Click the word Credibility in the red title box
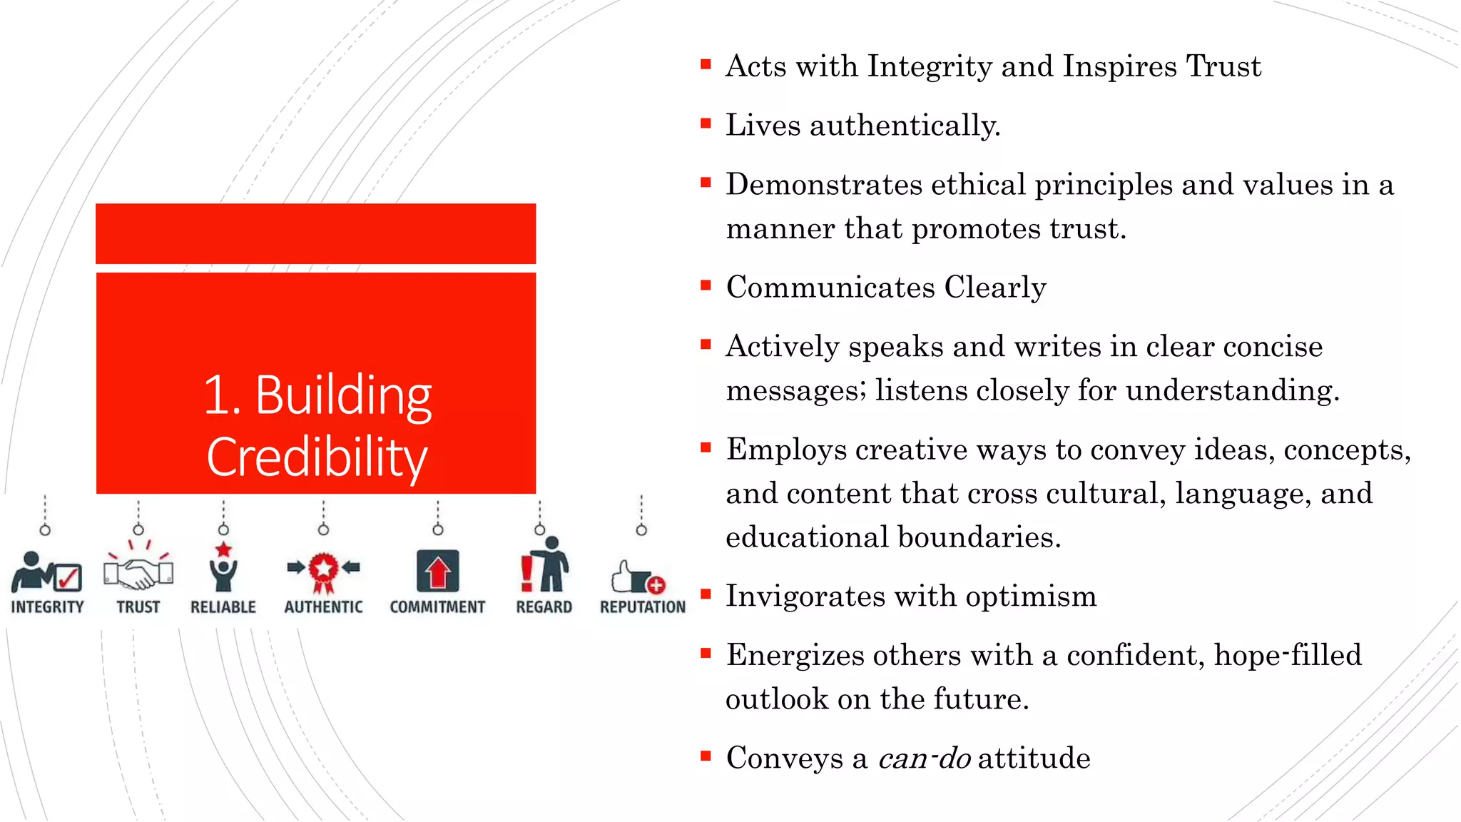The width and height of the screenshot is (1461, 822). click(317, 457)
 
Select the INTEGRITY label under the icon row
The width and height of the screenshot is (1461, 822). click(47, 607)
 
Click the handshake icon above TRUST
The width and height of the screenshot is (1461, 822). click(138, 572)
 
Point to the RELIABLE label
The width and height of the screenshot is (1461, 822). click(223, 607)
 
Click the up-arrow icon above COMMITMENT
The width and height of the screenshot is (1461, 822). click(437, 572)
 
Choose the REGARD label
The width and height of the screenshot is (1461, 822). click(544, 607)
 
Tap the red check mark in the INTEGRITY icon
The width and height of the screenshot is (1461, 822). click(68, 577)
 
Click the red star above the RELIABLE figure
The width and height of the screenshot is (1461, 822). click(223, 549)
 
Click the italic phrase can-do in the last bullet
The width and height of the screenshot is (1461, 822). click(924, 758)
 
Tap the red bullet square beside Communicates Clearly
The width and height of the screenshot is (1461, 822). click(706, 286)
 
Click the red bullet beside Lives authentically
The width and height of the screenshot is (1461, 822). click(706, 123)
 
